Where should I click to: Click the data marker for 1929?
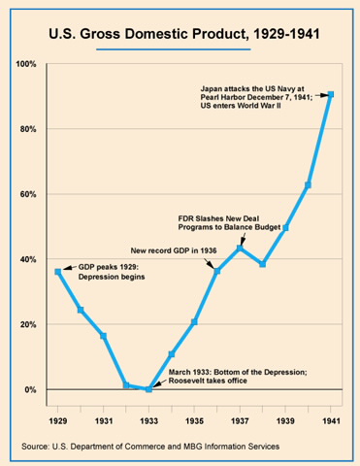pyautogui.click(x=58, y=272)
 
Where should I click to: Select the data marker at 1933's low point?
pyautogui.click(x=148, y=389)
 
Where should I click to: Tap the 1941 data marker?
pyautogui.click(x=331, y=94)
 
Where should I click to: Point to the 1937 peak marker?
pyautogui.click(x=240, y=249)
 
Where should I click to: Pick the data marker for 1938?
pyautogui.click(x=263, y=264)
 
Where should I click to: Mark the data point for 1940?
pyautogui.click(x=308, y=184)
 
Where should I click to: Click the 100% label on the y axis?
pyautogui.click(x=26, y=64)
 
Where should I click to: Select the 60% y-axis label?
pyautogui.click(x=28, y=194)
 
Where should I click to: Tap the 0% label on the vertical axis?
pyautogui.click(x=30, y=389)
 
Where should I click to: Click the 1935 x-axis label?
pyautogui.click(x=194, y=421)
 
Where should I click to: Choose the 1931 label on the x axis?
pyautogui.click(x=104, y=421)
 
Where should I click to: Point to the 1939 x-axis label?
pyautogui.click(x=285, y=421)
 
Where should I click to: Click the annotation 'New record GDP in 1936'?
pyautogui.click(x=174, y=250)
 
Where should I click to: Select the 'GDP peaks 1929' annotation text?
pyautogui.click(x=109, y=268)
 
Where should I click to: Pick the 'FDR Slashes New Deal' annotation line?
pyautogui.click(x=218, y=218)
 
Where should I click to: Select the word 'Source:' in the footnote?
pyautogui.click(x=35, y=447)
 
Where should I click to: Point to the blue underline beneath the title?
pyautogui.click(x=174, y=50)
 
